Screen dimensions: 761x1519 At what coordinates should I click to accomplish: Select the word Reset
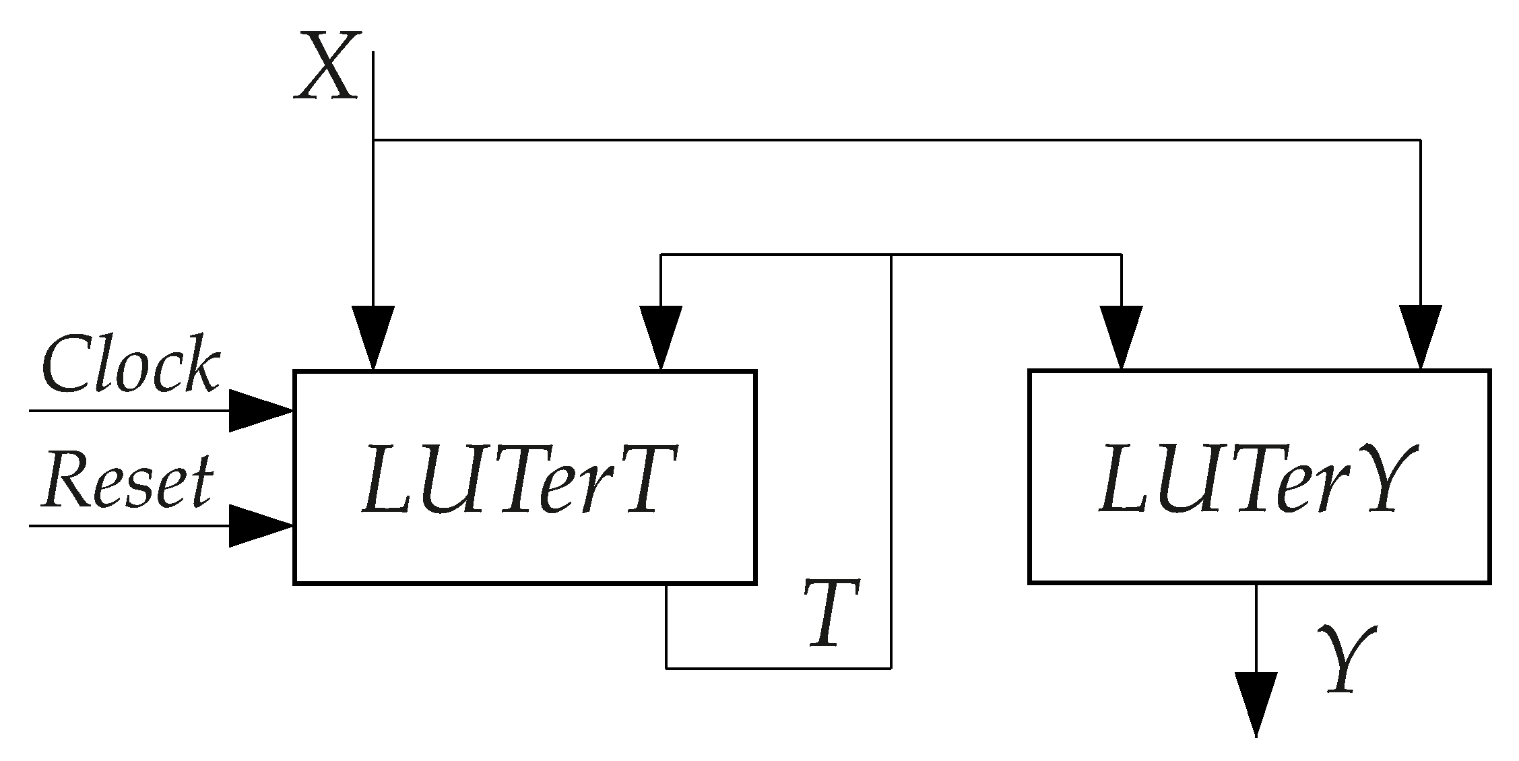(127, 480)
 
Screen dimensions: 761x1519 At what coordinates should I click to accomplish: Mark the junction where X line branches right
(374, 140)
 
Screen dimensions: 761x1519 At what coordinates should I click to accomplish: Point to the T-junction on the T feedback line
(891, 255)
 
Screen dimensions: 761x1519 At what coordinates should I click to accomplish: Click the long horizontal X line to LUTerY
(896, 140)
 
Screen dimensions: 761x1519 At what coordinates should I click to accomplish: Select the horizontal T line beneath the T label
(778, 668)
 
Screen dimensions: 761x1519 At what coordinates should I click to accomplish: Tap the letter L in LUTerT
(384, 479)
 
